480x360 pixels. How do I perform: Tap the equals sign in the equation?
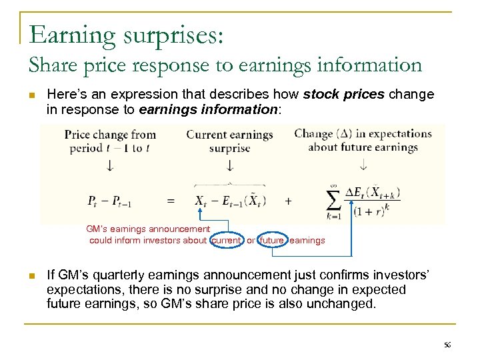pyautogui.click(x=171, y=200)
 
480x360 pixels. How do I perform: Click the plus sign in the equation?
pyautogui.click(x=288, y=200)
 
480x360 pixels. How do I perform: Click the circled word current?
pyautogui.click(x=226, y=240)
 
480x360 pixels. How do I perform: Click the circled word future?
pyautogui.click(x=272, y=240)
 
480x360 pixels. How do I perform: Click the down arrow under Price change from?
pyautogui.click(x=110, y=165)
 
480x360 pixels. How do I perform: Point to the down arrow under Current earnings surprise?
pyautogui.click(x=230, y=165)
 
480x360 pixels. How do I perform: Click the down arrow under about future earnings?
pyautogui.click(x=363, y=164)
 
